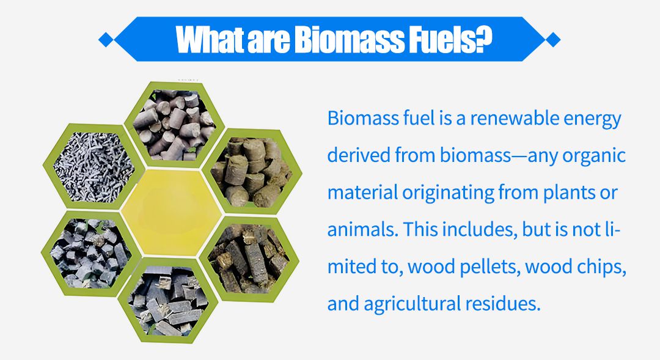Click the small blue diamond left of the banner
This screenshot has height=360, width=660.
pos(106,40)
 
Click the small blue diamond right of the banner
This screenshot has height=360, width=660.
pos(552,40)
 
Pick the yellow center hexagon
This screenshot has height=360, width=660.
pos(171,213)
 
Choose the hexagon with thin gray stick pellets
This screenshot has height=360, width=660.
pos(94,167)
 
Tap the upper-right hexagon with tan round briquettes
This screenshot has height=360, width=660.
pos(252,171)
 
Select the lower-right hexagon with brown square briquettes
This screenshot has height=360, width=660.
pos(249,259)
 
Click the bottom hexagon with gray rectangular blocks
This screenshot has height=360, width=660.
pos(168,300)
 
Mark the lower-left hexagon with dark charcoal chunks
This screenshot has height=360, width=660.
pos(91,254)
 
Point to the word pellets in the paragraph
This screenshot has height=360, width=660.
pos(490,267)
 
